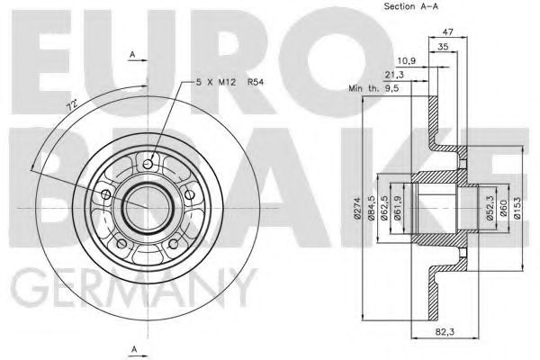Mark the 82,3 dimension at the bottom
pyautogui.click(x=465, y=332)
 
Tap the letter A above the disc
pyautogui.click(x=132, y=56)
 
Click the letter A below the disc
pyautogui.click(x=133, y=347)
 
